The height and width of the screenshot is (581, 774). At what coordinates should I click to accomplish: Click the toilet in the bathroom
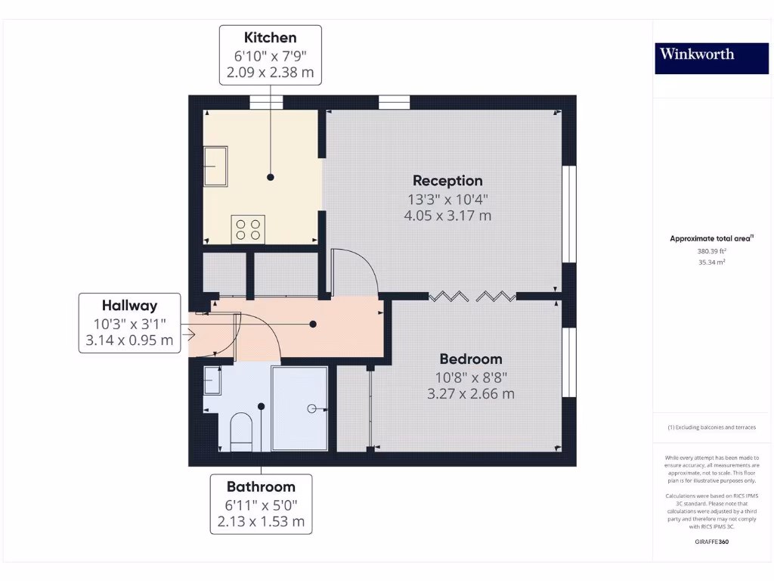(x=241, y=432)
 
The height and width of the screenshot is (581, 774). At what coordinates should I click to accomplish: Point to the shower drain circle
(x=311, y=409)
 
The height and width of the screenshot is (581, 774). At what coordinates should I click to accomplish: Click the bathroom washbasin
(x=212, y=382)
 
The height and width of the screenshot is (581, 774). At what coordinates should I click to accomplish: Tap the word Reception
(x=447, y=181)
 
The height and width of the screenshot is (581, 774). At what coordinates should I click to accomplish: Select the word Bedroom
(x=470, y=359)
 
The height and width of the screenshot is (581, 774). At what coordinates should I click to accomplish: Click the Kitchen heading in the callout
(x=270, y=38)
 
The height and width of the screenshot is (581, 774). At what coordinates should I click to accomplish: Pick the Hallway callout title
(x=130, y=306)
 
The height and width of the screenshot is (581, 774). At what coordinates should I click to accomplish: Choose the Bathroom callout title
(x=261, y=486)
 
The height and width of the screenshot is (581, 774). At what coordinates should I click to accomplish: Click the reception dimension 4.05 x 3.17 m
(x=447, y=216)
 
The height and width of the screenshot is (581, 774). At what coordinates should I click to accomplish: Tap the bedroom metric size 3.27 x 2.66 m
(x=470, y=393)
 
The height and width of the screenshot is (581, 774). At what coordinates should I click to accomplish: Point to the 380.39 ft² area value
(x=711, y=251)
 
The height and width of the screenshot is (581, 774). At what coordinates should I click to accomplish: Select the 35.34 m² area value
(x=711, y=263)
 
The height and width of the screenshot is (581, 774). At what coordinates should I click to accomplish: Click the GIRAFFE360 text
(x=711, y=542)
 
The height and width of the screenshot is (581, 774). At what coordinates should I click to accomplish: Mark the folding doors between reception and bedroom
(x=472, y=296)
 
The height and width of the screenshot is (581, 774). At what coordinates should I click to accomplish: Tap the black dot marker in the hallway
(x=313, y=324)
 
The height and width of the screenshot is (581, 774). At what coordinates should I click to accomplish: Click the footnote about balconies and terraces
(x=711, y=427)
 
